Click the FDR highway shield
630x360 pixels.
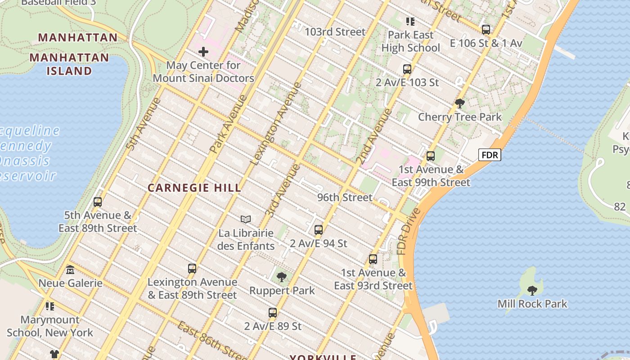490,155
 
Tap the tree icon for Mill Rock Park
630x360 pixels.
532,290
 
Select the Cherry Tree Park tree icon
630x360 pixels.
459,103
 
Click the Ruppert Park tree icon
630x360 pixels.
282,277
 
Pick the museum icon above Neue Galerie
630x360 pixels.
70,270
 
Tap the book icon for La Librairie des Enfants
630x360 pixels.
245,220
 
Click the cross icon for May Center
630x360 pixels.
203,52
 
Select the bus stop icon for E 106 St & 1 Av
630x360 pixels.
486,30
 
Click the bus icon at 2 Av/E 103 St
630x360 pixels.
407,69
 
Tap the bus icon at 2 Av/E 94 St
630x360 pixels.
319,230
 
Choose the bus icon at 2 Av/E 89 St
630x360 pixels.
273,313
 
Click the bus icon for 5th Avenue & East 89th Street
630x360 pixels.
98,202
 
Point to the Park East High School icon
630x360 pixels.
410,21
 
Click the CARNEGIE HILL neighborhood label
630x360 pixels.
194,188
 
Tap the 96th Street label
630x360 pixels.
345,198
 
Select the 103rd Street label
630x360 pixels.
335,32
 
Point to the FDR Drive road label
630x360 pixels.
409,232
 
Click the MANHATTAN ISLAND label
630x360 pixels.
69,64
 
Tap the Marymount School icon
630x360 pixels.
50,306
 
